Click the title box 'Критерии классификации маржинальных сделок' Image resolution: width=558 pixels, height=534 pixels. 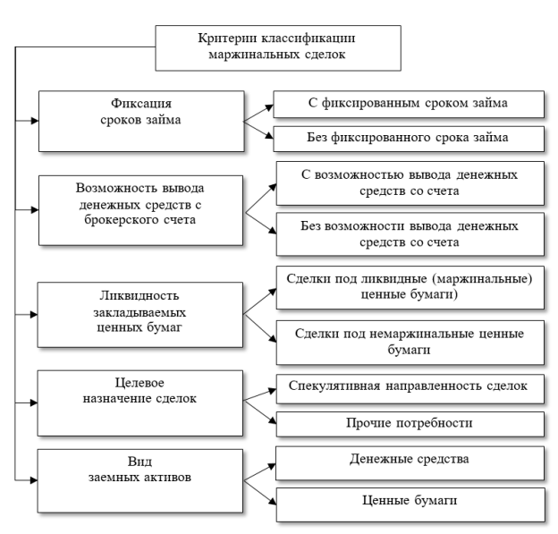(278, 48)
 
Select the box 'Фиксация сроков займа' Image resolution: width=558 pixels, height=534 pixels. (141, 122)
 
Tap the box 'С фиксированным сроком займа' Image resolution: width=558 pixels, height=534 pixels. (409, 105)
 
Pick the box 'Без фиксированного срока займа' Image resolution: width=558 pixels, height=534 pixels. (409, 139)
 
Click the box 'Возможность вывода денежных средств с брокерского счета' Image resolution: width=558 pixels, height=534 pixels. (141, 210)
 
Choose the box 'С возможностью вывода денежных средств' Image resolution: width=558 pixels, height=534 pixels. (410, 183)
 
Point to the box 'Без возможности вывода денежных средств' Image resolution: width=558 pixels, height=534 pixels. (410, 234)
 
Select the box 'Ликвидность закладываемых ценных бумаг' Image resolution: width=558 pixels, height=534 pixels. (140, 315)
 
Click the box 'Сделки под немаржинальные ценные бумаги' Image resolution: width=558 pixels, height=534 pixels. (410, 343)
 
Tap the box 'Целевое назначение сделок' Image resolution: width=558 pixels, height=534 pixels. (140, 403)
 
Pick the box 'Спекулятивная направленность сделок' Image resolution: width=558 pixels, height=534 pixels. (410, 389)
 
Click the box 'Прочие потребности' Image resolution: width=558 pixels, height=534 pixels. (410, 424)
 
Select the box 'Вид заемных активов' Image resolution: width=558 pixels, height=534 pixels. (140, 481)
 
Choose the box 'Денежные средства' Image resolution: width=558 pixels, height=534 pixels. (410, 463)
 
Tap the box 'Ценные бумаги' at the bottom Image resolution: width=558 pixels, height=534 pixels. (410, 504)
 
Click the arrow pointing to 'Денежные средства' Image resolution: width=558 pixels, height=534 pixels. (260, 472)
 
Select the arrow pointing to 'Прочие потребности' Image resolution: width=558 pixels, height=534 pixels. (260, 412)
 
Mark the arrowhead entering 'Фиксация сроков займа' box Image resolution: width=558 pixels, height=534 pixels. (35, 121)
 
